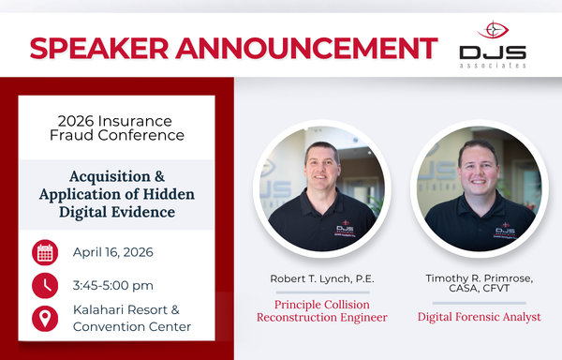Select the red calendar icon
pyautogui.click(x=45, y=252)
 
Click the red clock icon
pyautogui.click(x=45, y=285)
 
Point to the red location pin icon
pyautogui.click(x=45, y=318)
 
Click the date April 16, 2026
pyautogui.click(x=112, y=252)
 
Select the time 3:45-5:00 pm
pyautogui.click(x=113, y=285)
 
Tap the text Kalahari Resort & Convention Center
pyautogui.click(x=132, y=318)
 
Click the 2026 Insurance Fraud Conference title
pyautogui.click(x=116, y=127)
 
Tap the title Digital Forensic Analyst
pyautogui.click(x=479, y=317)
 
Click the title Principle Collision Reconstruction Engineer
pyautogui.click(x=321, y=310)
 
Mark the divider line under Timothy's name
pyautogui.click(x=479, y=302)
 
